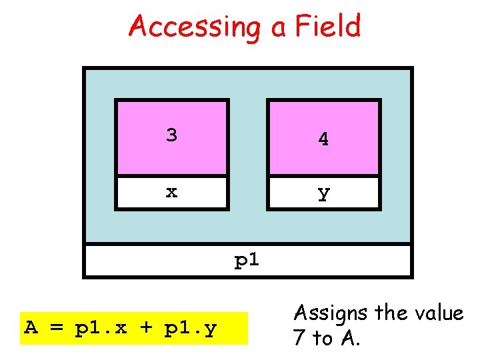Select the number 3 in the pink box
172,135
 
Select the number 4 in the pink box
323,139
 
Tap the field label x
172,192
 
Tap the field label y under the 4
323,193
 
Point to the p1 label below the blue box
247,261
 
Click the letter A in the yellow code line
31,328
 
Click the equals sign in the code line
56,328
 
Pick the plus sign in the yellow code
145,328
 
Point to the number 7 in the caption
299,338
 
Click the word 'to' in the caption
323,339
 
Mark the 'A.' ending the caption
350,338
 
